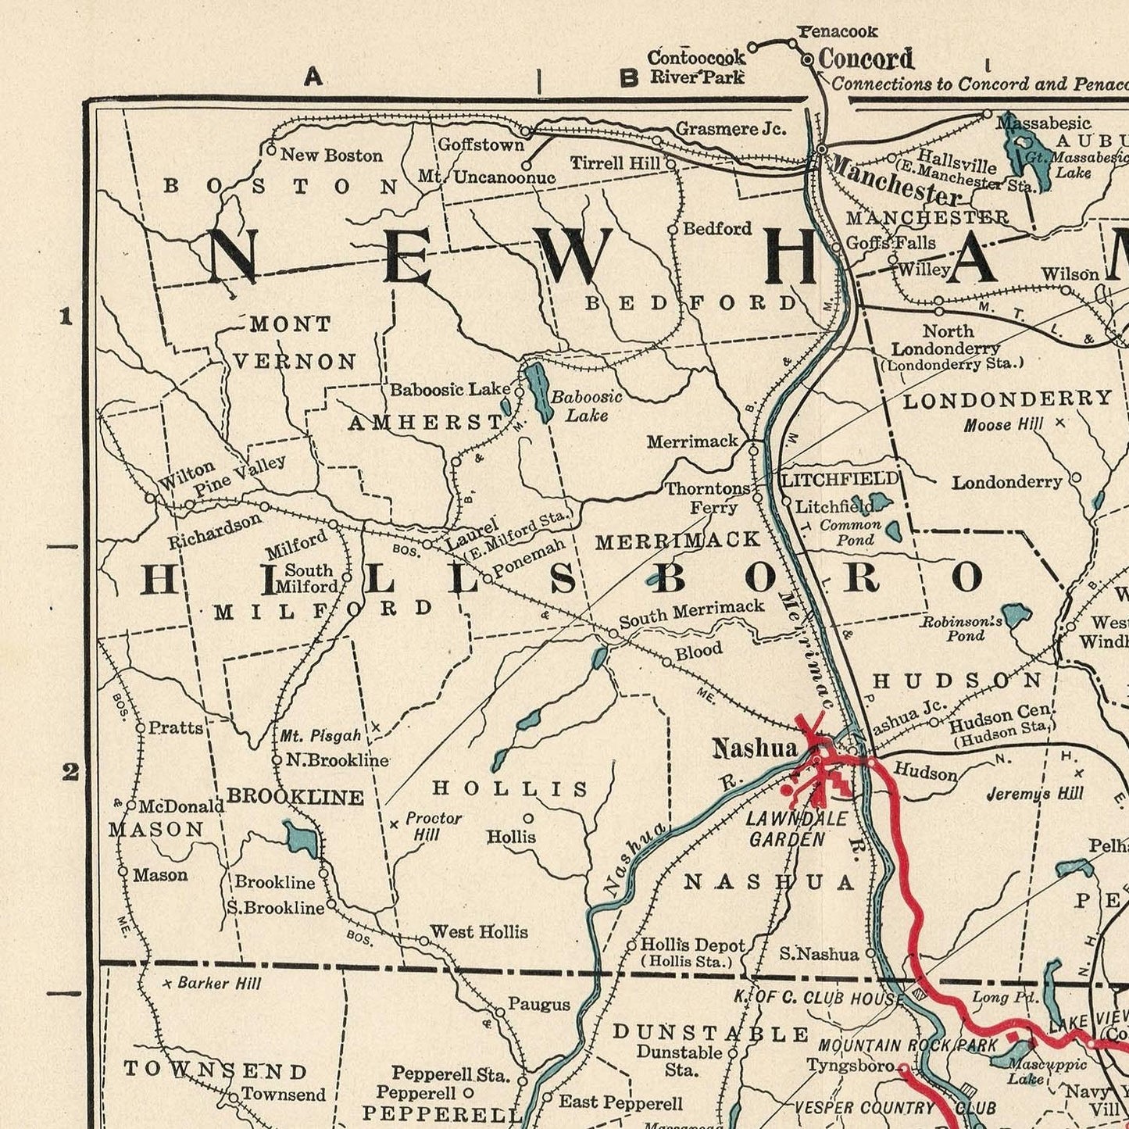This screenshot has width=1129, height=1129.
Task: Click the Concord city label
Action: tap(866, 59)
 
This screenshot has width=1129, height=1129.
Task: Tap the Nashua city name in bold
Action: tap(754, 748)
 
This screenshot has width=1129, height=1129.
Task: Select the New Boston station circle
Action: tap(271, 150)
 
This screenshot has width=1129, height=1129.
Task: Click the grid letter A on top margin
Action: tap(313, 77)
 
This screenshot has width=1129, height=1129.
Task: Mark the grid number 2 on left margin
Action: tap(70, 772)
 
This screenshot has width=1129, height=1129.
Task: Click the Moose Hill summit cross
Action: tap(1059, 423)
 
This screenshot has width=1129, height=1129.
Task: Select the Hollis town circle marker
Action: tap(528, 818)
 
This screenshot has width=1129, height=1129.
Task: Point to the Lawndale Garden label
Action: tap(786, 829)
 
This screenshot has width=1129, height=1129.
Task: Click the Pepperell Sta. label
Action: tap(451, 1074)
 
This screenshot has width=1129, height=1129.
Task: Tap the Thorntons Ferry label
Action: tap(708, 498)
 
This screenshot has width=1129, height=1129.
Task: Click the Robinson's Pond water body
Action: tap(1016, 615)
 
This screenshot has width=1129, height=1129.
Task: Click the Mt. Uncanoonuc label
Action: tap(486, 177)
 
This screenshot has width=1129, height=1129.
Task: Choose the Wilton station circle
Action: tap(150, 498)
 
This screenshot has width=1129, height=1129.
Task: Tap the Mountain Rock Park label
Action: tap(908, 1045)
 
